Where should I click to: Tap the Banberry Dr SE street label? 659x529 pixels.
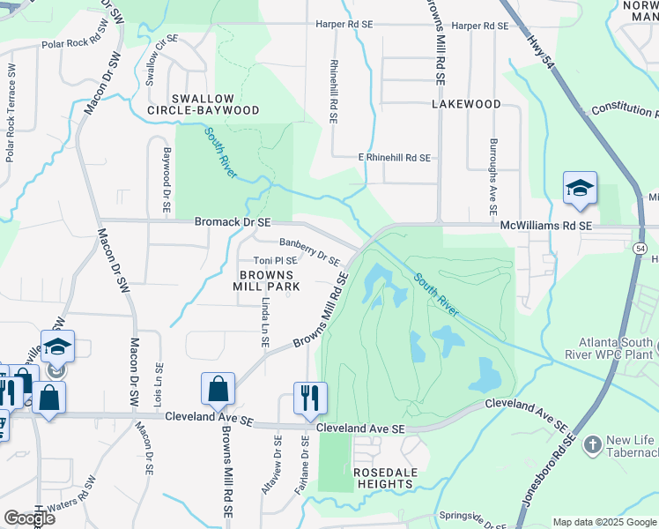point(309,251)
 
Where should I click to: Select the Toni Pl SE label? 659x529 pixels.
point(275,261)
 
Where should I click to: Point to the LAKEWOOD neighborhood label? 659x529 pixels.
point(466,104)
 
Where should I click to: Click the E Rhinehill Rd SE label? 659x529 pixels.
point(394,158)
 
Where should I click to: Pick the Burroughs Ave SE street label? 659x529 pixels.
point(493,176)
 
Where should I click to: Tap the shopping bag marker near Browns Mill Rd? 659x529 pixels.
point(218,387)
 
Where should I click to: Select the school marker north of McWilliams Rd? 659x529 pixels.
point(580,187)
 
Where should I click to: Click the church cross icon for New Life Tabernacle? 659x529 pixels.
point(592,443)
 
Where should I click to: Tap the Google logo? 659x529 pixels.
point(29,518)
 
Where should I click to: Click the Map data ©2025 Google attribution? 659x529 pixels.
point(604,522)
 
